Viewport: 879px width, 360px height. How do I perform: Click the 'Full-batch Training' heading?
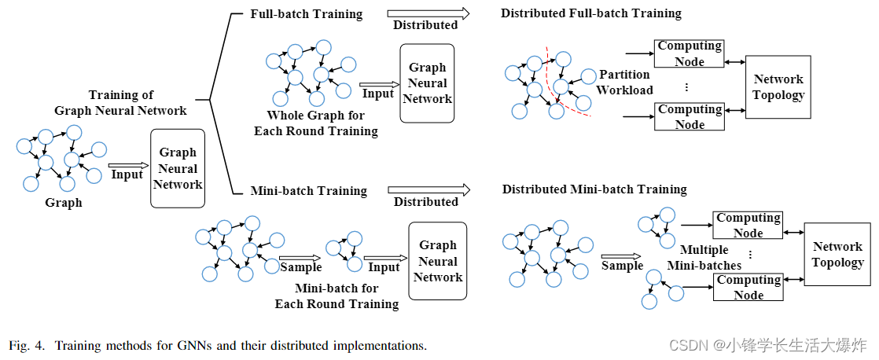(306, 14)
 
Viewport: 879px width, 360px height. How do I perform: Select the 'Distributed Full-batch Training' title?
(590, 13)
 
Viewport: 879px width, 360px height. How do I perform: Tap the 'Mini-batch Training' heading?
(308, 190)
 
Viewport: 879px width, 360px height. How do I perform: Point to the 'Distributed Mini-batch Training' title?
(594, 189)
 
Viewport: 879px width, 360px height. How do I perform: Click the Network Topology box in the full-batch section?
(778, 87)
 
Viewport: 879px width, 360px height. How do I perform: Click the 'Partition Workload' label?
(624, 82)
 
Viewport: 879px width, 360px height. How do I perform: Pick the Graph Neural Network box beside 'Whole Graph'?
(427, 83)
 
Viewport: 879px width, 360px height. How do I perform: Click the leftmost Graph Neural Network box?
(178, 168)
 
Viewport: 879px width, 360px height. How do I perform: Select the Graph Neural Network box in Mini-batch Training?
(437, 261)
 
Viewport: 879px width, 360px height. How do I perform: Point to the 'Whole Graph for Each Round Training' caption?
(315, 123)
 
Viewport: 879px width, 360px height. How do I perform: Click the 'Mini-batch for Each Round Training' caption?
(336, 296)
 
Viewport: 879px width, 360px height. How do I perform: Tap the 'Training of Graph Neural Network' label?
(120, 103)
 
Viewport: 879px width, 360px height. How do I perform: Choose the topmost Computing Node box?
(690, 53)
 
